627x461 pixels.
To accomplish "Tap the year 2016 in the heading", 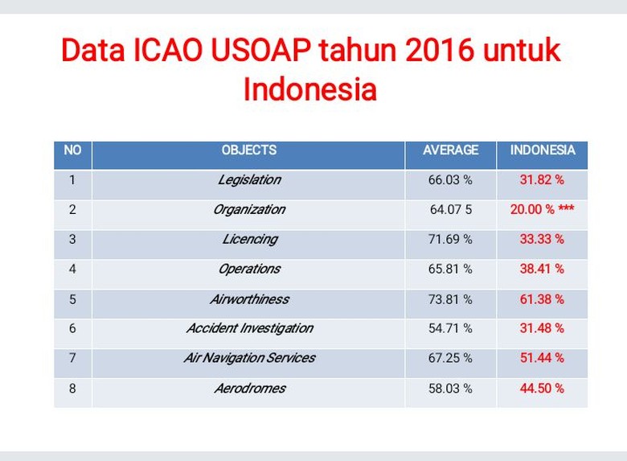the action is pyautogui.click(x=440, y=51).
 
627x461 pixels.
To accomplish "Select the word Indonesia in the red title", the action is pyautogui.click(x=310, y=88).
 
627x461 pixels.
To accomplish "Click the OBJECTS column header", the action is pyautogui.click(x=249, y=150).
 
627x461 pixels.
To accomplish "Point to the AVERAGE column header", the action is pyautogui.click(x=451, y=150).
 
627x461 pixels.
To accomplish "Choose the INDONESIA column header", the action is pyautogui.click(x=543, y=150).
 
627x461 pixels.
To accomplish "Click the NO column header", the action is pyautogui.click(x=72, y=150).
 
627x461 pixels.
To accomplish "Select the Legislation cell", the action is pyautogui.click(x=249, y=180).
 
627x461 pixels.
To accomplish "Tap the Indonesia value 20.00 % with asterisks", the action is pyautogui.click(x=543, y=209).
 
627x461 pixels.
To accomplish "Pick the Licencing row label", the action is pyautogui.click(x=250, y=239).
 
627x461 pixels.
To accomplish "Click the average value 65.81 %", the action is pyautogui.click(x=450, y=269).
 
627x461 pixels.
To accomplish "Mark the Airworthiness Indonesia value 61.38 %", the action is pyautogui.click(x=542, y=299).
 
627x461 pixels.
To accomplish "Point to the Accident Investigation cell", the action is pyautogui.click(x=250, y=328).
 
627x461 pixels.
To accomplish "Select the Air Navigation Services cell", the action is pyautogui.click(x=250, y=358).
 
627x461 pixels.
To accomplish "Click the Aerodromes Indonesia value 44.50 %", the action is pyautogui.click(x=542, y=388).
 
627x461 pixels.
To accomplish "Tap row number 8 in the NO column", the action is pyautogui.click(x=72, y=388).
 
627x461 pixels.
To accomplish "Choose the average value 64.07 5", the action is pyautogui.click(x=451, y=209).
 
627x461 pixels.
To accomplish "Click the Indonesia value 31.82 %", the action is pyautogui.click(x=542, y=180).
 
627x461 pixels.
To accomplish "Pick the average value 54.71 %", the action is pyautogui.click(x=450, y=328).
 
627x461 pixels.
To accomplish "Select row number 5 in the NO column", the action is pyautogui.click(x=72, y=299).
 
